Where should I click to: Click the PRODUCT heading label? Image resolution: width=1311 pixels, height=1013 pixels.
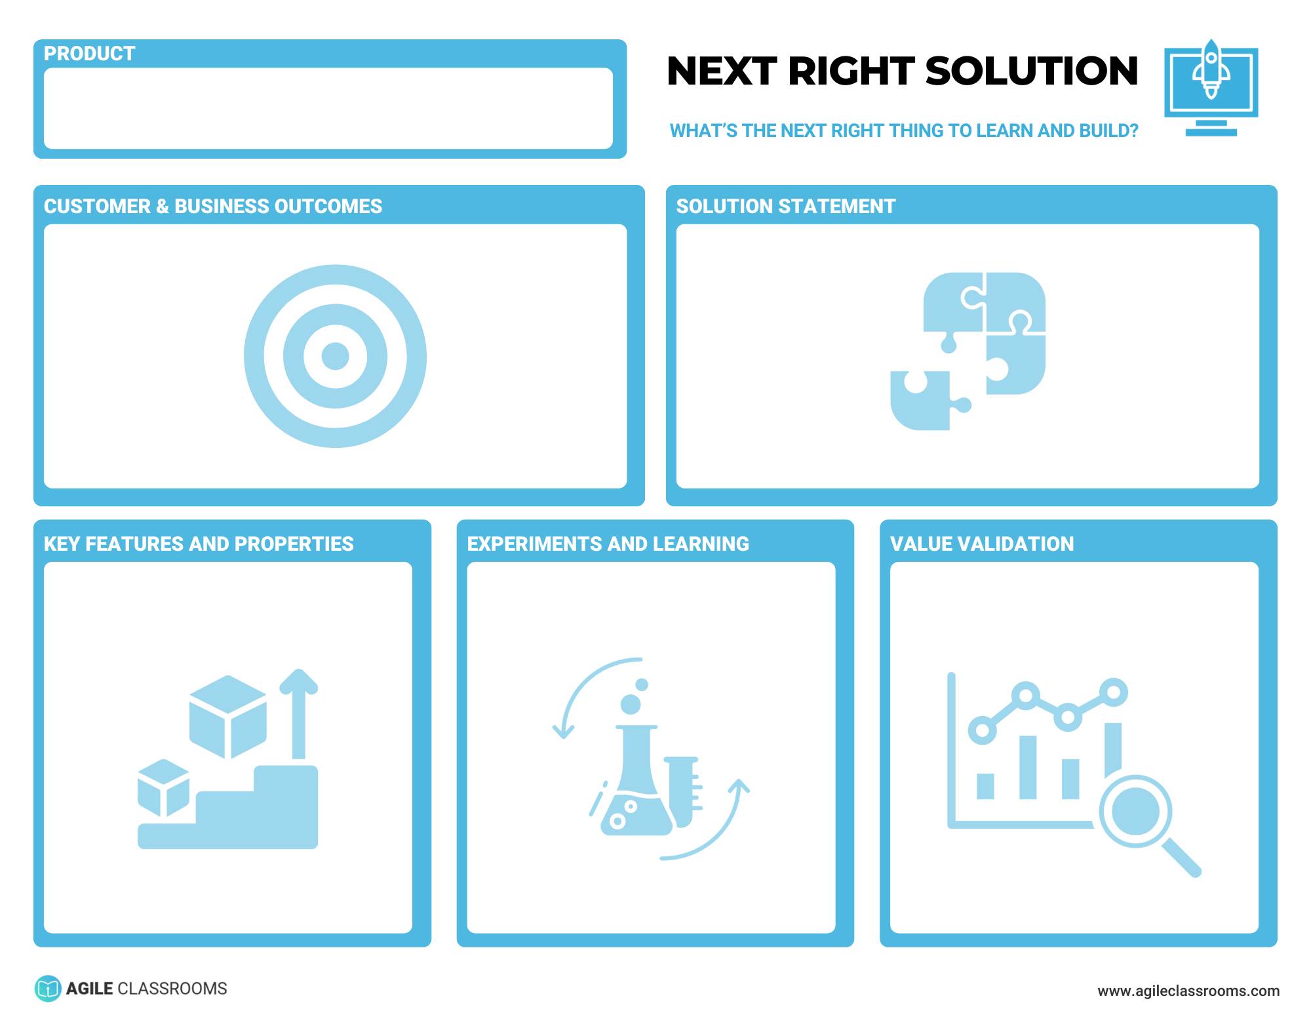89,54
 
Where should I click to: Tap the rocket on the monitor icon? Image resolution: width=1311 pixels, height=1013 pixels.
1211,70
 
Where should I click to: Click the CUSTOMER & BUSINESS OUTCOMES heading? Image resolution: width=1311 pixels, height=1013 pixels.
212,207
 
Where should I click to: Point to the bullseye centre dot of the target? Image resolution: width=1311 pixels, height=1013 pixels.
335,356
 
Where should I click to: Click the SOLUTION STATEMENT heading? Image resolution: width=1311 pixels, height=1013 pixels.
785,207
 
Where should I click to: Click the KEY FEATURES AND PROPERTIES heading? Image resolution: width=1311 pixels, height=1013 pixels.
198,544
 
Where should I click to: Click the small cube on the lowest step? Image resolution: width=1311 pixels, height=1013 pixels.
163,787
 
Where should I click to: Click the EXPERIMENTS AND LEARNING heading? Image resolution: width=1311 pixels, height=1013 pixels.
607,544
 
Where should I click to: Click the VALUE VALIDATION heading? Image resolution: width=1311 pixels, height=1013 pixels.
981,544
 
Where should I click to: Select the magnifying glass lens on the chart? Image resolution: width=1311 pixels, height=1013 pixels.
1135,811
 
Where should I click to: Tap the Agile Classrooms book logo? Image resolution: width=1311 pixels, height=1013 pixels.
47,989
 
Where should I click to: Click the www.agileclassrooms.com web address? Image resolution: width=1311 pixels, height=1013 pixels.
1188,991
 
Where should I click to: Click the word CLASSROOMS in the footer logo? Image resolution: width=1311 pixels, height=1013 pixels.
172,989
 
